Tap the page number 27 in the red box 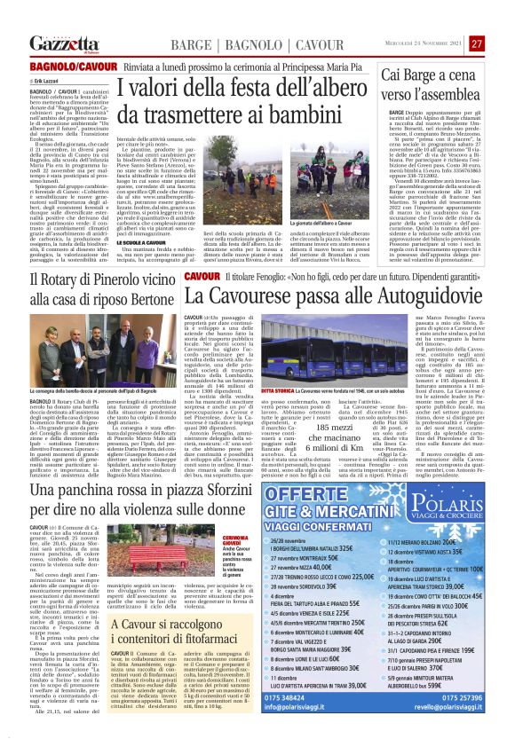coord(477,43)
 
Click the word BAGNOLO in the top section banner coord(240,44)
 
